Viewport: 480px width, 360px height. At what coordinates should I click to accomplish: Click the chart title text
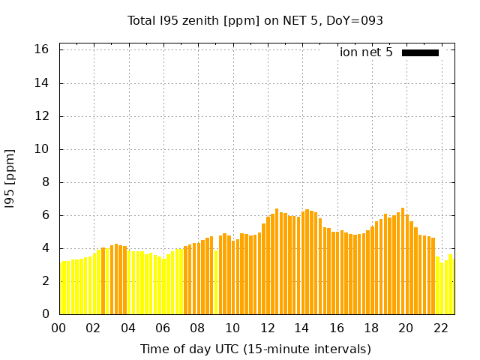coord(255,21)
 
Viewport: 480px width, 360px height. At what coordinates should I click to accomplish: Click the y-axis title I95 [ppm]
coord(10,178)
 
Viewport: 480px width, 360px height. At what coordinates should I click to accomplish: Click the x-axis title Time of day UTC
coord(255,349)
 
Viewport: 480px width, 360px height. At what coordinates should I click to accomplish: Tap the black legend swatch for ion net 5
coord(420,52)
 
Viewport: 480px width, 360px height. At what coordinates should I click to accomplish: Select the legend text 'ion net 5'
coord(366,52)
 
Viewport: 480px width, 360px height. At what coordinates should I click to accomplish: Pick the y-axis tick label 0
coord(45,314)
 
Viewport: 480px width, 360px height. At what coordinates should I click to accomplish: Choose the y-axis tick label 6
coord(45,215)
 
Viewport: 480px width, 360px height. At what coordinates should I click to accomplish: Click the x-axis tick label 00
coord(58,328)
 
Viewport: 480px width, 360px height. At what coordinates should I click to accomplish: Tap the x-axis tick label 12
coord(267,328)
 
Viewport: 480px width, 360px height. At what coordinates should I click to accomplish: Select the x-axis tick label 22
coord(441,328)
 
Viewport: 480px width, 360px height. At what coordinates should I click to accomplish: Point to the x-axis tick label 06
coord(163,328)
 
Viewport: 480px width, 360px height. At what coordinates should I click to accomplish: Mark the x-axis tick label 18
coord(371,328)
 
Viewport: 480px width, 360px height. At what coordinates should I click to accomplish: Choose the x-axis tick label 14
coord(301,328)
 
